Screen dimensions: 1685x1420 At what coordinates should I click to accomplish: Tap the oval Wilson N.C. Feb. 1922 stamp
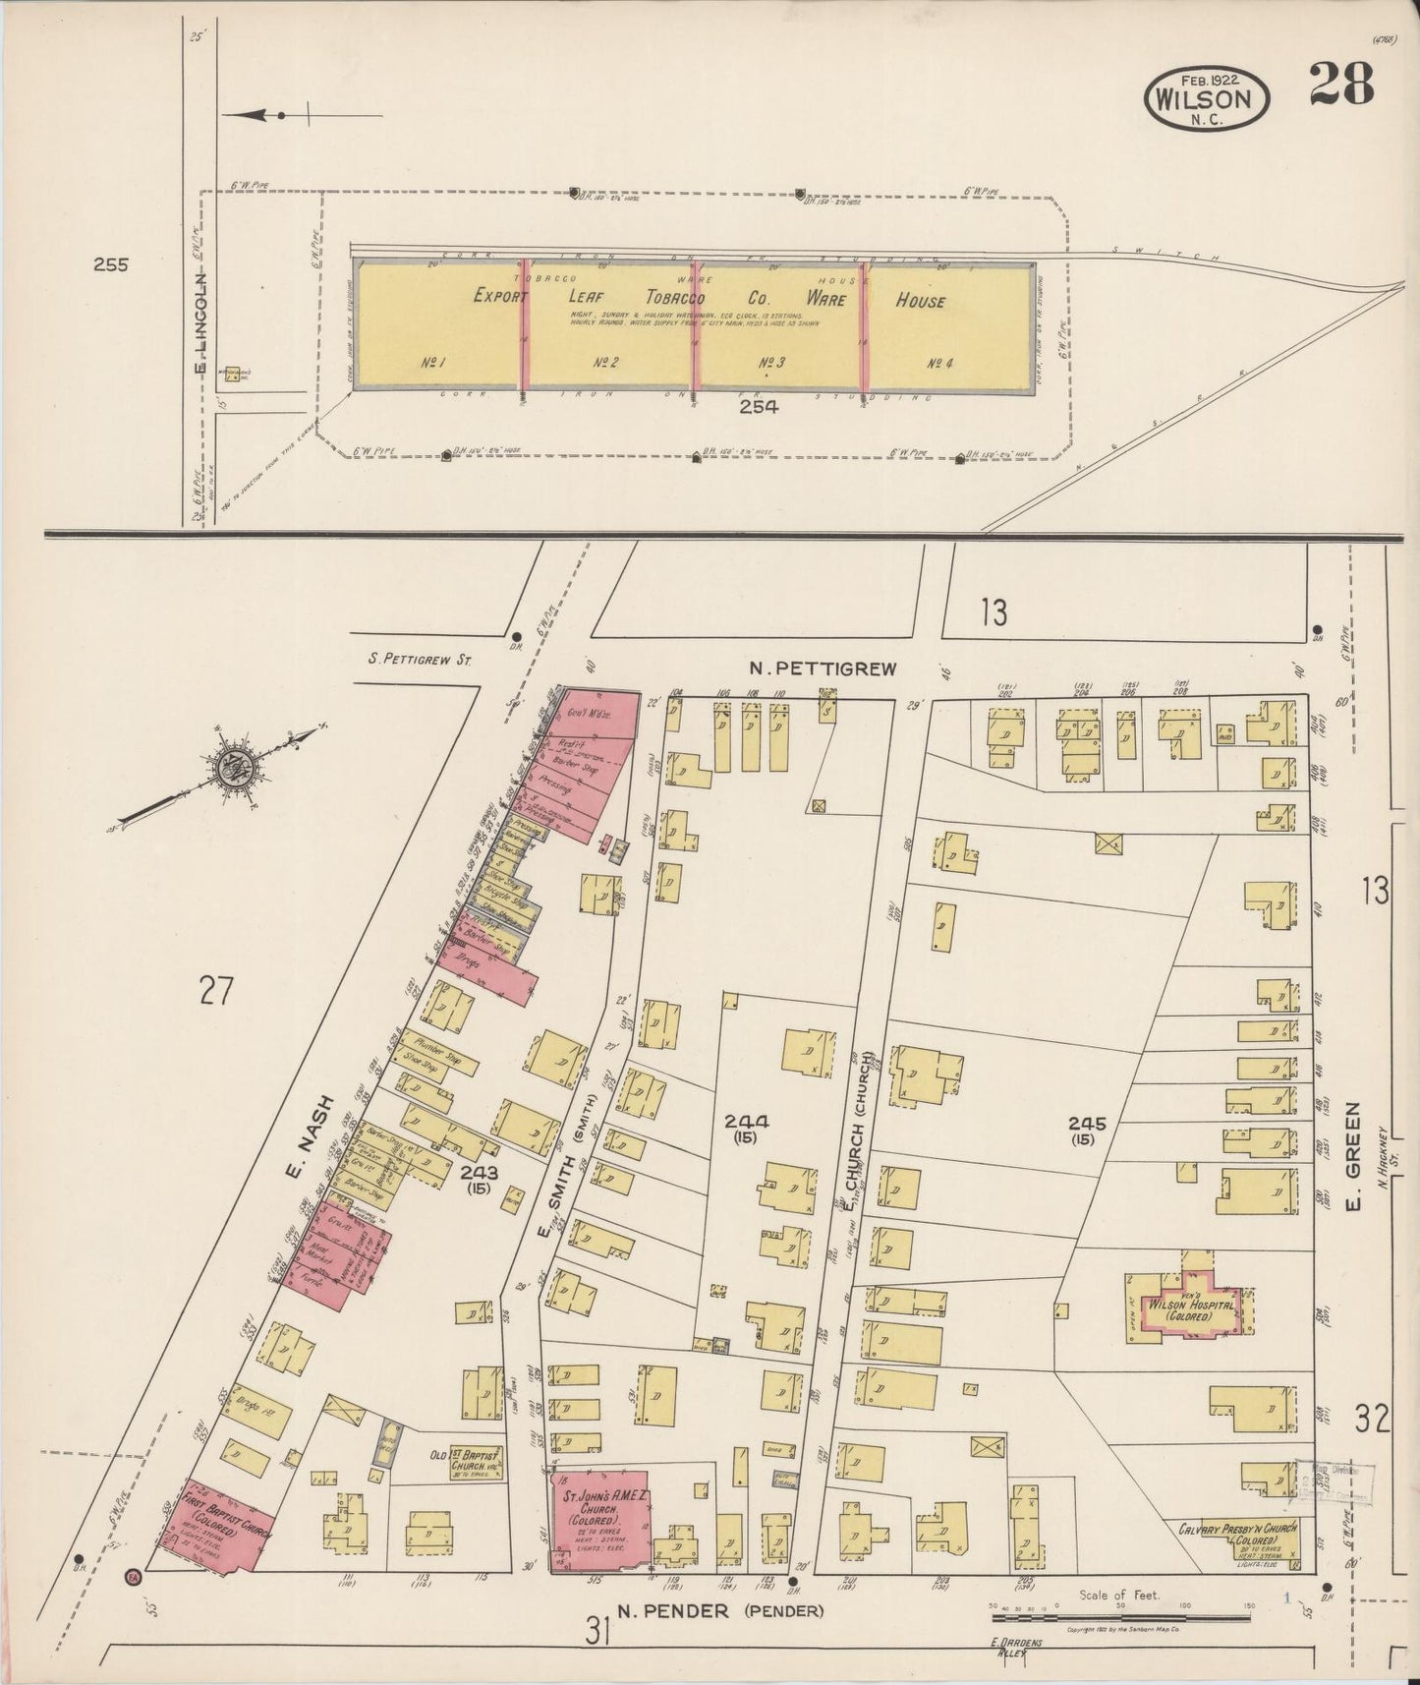point(1208,98)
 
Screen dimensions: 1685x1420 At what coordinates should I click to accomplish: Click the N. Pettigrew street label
point(823,668)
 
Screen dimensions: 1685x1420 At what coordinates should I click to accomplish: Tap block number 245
point(1088,1123)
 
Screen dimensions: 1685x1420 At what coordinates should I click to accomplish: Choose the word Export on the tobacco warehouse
point(501,296)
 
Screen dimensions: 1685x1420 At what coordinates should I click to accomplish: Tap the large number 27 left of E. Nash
point(215,991)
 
